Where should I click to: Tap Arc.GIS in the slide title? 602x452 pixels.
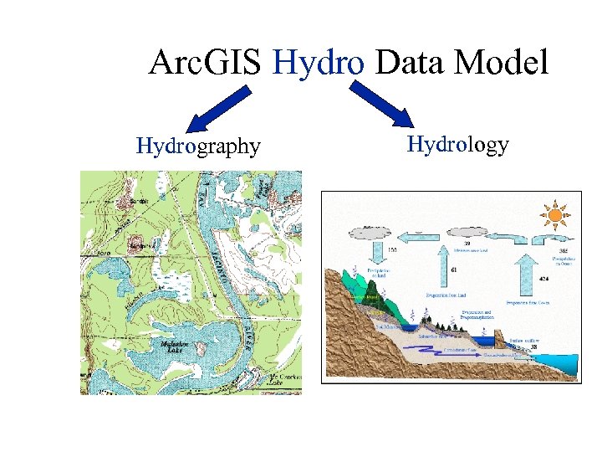pyautogui.click(x=207, y=64)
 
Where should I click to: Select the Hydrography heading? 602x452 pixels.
pyautogui.click(x=198, y=146)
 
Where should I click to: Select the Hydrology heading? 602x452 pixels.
pyautogui.click(x=457, y=144)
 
